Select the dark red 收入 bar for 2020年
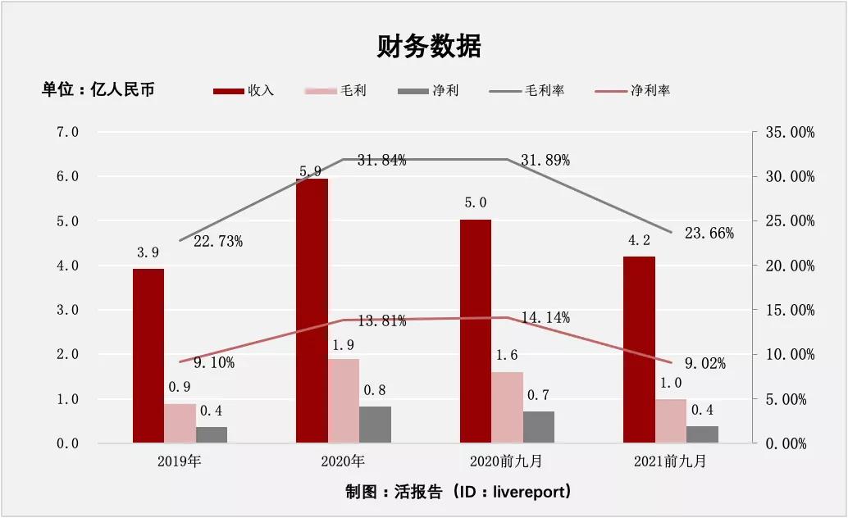click(x=312, y=311)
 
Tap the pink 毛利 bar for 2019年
click(x=180, y=423)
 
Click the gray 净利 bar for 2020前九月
click(x=539, y=427)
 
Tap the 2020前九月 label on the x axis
click(x=506, y=461)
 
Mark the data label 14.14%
click(x=545, y=317)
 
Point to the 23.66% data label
click(x=709, y=233)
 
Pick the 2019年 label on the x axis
click(x=180, y=461)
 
